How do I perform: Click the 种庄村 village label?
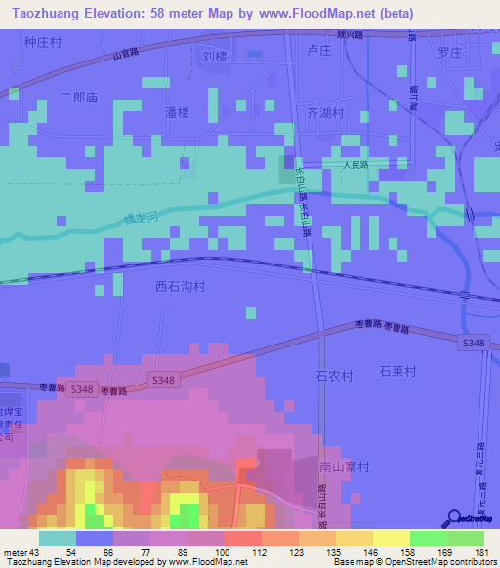click(42, 43)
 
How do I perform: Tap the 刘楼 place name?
click(215, 56)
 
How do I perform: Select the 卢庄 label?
click(320, 51)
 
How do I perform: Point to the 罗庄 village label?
click(448, 52)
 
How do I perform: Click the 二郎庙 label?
click(79, 98)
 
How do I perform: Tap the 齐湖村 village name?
click(326, 113)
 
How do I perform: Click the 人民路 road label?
click(355, 165)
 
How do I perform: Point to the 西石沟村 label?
click(181, 287)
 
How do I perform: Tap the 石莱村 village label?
click(397, 372)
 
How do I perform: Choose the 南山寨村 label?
click(344, 467)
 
